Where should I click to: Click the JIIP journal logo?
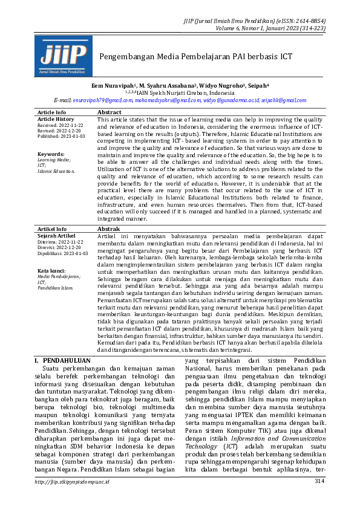63,56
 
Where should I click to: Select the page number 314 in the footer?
319,498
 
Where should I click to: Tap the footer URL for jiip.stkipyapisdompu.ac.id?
72,498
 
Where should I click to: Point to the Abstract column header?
109,112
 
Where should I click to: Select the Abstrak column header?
108,229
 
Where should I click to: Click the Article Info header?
52,112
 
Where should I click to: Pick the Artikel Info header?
52,229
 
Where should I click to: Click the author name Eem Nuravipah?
113,86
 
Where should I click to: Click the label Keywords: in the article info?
51,154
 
